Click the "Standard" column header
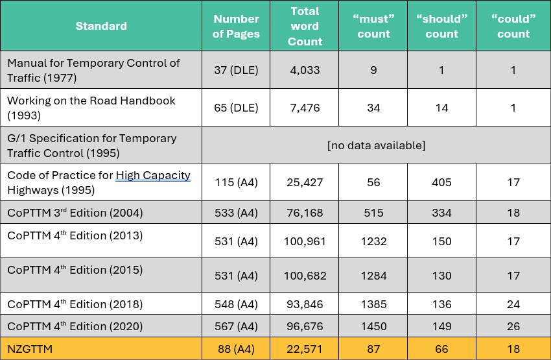tap(101, 26)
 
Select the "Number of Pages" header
tap(236, 26)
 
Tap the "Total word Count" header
tap(305, 26)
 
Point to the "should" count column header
tap(441, 26)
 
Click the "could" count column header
tap(513, 26)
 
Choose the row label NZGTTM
tap(30, 349)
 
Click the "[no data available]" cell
tap(376, 145)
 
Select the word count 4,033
tap(305, 70)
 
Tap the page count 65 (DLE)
tap(236, 108)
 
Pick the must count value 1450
tap(373, 326)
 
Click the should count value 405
tap(441, 182)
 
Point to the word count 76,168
tap(305, 213)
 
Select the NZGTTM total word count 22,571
tap(305, 349)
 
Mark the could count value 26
tap(513, 326)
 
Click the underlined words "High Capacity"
tap(153, 175)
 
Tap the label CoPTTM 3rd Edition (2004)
tap(75, 212)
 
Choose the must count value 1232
tap(373, 242)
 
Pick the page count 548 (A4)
tap(236, 304)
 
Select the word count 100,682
tap(305, 276)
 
